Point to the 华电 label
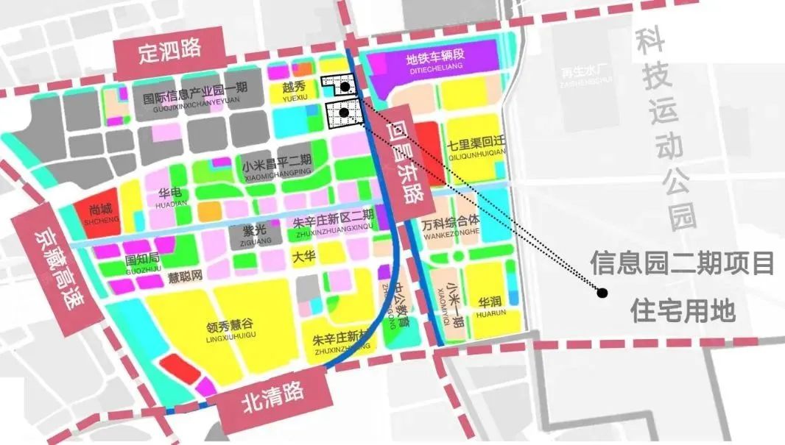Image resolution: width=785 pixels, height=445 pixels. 169,194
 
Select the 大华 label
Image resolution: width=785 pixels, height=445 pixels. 303,257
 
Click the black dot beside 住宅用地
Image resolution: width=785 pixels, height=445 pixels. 602,293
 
